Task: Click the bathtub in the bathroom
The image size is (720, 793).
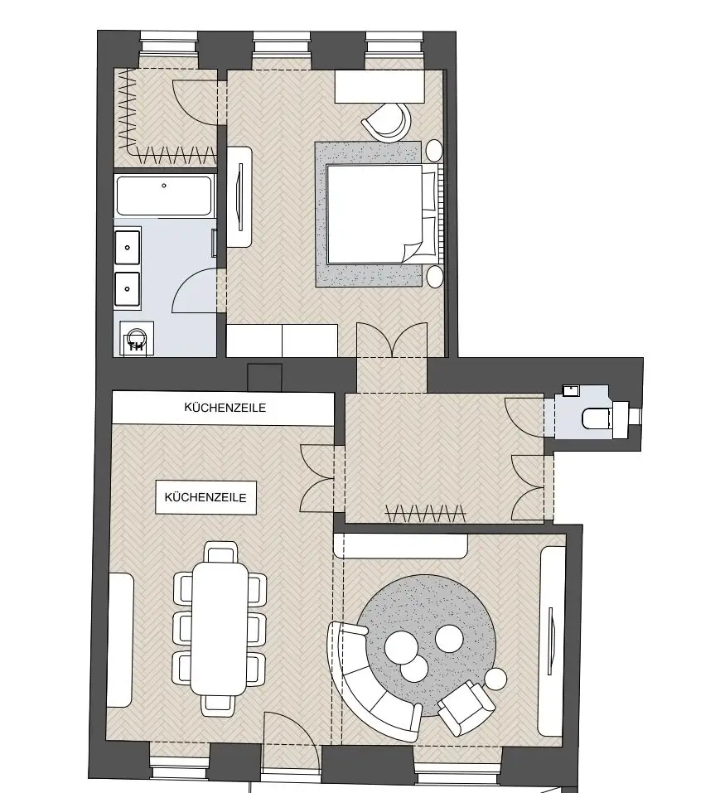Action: pos(164,196)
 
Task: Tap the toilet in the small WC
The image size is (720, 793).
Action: pos(597,418)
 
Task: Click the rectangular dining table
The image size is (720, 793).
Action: pos(220,629)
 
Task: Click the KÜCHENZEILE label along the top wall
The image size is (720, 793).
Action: pos(225,408)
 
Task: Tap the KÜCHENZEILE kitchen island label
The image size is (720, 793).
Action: pos(205,497)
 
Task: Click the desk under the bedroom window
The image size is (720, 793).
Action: pos(379,86)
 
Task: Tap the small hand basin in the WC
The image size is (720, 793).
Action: pos(571,390)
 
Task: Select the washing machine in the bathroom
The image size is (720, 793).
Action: pos(137,339)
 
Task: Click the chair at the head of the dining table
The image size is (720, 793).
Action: pos(221,552)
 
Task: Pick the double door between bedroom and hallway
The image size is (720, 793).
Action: pos(392,340)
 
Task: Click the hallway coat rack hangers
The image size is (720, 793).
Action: pos(425,513)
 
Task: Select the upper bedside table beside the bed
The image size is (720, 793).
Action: pos(434,151)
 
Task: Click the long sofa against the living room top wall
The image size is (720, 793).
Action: pos(400,546)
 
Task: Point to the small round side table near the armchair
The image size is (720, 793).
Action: pos(495,679)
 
